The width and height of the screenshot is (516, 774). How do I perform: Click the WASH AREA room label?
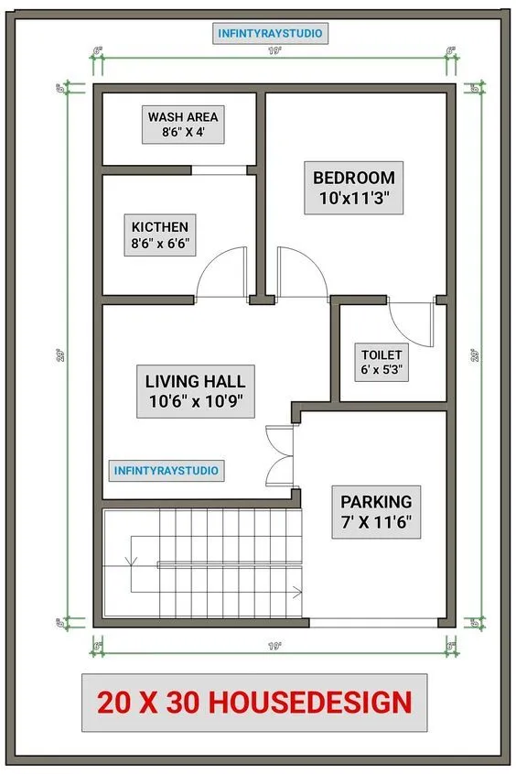click(183, 125)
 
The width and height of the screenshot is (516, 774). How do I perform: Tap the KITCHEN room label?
click(160, 235)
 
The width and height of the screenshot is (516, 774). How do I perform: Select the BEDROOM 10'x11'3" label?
click(353, 189)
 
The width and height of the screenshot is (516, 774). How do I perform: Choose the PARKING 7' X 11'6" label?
click(376, 511)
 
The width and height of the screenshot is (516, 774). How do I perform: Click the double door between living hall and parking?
click(277, 456)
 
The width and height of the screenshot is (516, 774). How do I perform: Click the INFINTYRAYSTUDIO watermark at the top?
click(270, 34)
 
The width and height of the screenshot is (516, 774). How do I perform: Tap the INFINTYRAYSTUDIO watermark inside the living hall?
click(166, 470)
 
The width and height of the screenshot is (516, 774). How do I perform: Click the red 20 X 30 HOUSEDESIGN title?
click(254, 703)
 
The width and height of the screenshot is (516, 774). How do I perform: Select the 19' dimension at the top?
click(274, 51)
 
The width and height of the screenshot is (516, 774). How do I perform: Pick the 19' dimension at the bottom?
click(274, 647)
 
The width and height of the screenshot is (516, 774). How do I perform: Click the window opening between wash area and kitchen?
click(220, 169)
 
